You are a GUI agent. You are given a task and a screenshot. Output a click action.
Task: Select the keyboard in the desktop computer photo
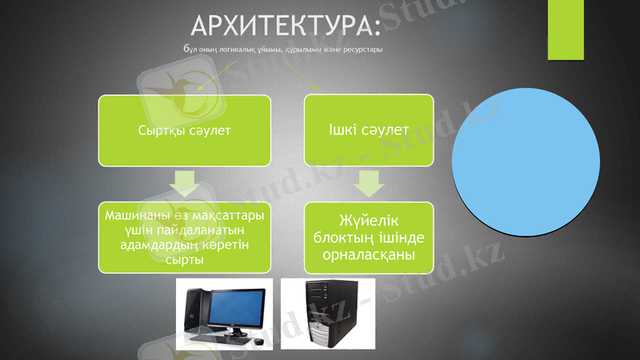tap(219, 338)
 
